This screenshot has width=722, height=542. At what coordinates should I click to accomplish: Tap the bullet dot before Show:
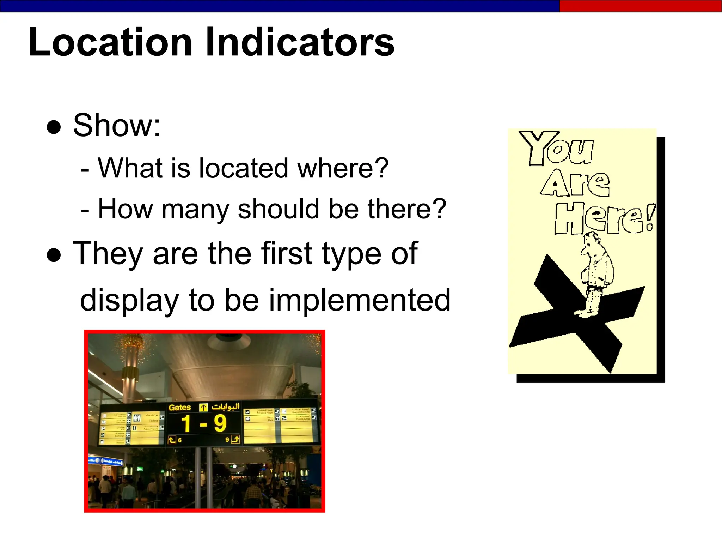click(54, 127)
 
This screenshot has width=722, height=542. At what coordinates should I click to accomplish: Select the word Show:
click(117, 126)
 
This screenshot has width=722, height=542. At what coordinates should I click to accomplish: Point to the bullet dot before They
click(54, 255)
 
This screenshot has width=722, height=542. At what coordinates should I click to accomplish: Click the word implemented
click(360, 300)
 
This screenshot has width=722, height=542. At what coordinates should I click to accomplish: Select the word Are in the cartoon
click(575, 183)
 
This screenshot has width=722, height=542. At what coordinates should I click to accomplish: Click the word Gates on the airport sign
click(179, 408)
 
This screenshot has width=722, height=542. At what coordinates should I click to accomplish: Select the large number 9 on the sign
click(220, 423)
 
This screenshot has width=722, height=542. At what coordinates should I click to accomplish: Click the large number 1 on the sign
click(186, 423)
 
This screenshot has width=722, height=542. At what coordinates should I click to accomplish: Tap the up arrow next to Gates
click(203, 408)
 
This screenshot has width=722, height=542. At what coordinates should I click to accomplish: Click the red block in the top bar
click(640, 6)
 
